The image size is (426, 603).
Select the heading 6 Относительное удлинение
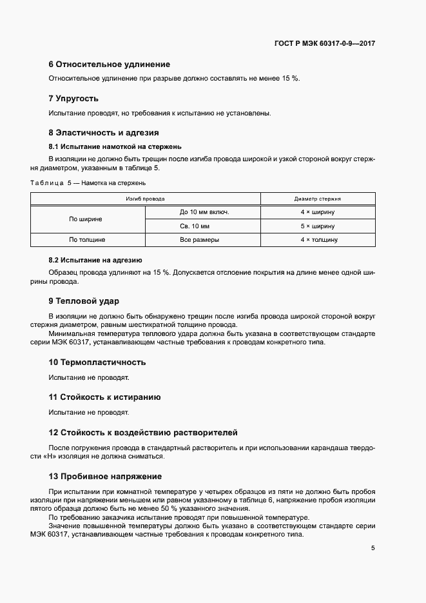point(110,64)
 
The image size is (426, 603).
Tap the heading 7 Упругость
point(73,99)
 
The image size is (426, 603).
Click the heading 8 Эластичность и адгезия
point(104,133)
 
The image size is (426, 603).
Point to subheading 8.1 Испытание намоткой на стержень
point(115,146)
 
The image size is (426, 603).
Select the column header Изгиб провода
point(145,199)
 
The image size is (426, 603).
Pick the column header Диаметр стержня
point(318,199)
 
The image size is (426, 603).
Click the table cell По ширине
point(86,219)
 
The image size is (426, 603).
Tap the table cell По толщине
point(86,240)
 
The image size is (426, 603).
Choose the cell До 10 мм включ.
point(204,212)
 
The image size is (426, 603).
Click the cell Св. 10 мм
point(204,226)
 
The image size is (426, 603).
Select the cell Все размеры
point(204,240)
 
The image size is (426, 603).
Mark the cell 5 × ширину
point(318,226)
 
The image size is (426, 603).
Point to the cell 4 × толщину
point(318,240)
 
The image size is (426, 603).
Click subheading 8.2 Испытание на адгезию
point(95,261)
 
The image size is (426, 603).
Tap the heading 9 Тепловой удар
point(84,301)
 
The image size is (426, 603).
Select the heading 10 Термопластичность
point(97,362)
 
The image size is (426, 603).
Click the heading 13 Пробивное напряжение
point(105,477)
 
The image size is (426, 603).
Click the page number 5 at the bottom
point(373,548)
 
